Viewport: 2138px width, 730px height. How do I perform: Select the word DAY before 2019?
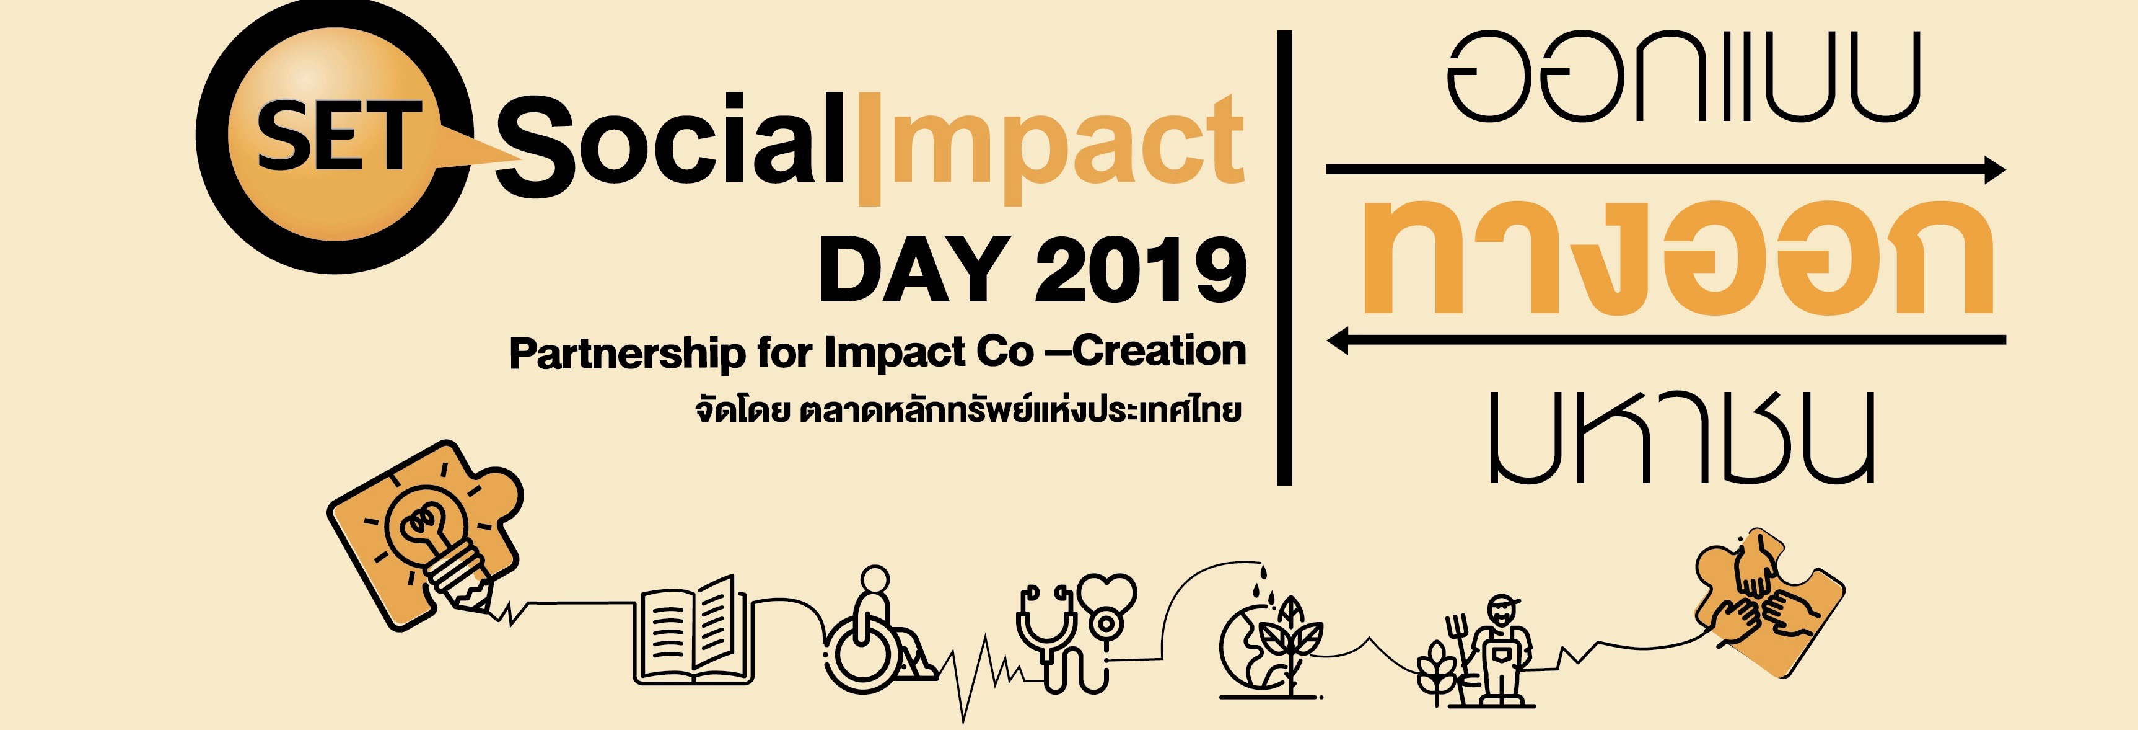point(914,269)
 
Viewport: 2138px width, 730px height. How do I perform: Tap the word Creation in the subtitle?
point(1160,350)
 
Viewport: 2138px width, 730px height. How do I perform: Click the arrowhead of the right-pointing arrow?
point(1994,169)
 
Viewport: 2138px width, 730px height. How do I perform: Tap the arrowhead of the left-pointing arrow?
point(1338,340)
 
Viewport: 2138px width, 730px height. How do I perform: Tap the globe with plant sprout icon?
point(1268,648)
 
